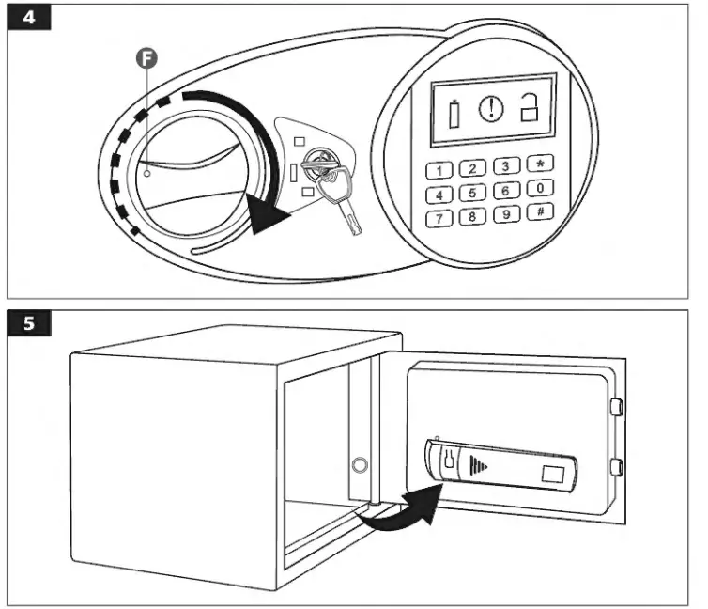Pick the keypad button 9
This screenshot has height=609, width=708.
tap(507, 215)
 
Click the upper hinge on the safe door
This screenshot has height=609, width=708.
tap(617, 406)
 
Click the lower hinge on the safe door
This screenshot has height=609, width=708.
tap(617, 464)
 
